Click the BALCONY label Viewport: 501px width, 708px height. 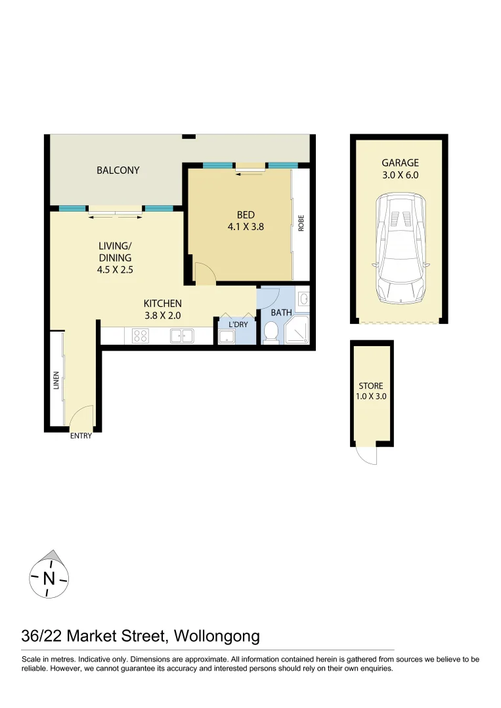pos(118,170)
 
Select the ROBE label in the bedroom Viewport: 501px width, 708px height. pos(301,224)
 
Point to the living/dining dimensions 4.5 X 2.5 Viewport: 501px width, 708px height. pos(115,269)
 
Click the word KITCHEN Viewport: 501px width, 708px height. pos(162,304)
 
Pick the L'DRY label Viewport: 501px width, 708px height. pos(237,324)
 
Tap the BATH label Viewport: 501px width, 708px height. pos(281,313)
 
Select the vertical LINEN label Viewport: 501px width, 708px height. pos(57,382)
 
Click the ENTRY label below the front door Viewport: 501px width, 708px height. pos(81,437)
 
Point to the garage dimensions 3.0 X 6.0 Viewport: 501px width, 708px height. pos(400,175)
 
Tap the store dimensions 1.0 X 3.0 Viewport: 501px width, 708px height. pos(371,397)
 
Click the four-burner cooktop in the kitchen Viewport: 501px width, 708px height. pos(141,336)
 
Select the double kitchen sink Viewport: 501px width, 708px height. pos(181,336)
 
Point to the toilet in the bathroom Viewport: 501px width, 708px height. pos(271,332)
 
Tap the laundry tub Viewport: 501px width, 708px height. pos(227,337)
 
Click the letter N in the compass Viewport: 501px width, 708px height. pos(49,579)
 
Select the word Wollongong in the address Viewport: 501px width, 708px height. pos(219,636)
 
